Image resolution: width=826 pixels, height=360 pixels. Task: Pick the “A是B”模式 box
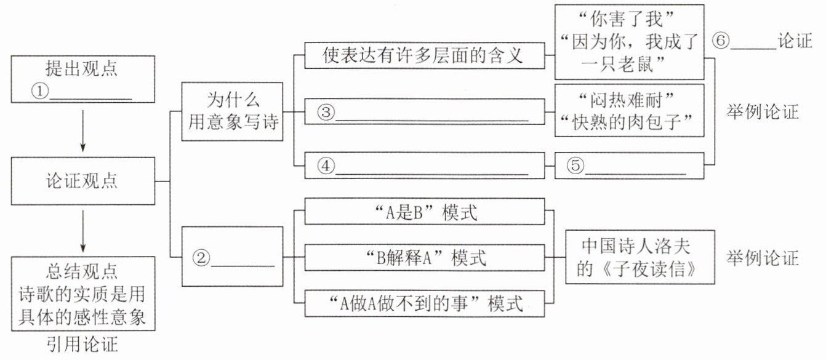(425, 213)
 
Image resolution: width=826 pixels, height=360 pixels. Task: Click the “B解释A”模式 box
(425, 258)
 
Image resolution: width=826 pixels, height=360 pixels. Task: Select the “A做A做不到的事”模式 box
(425, 303)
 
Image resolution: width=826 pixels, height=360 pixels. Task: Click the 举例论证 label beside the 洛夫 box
(761, 258)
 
